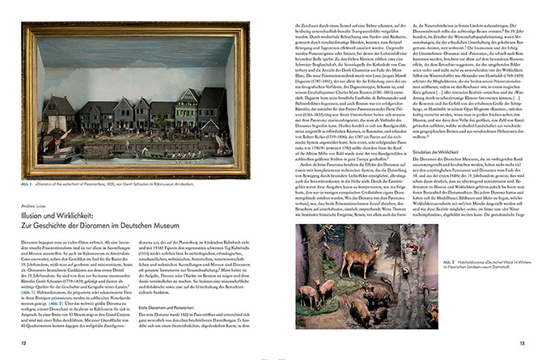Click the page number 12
[24, 344]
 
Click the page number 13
[521, 344]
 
